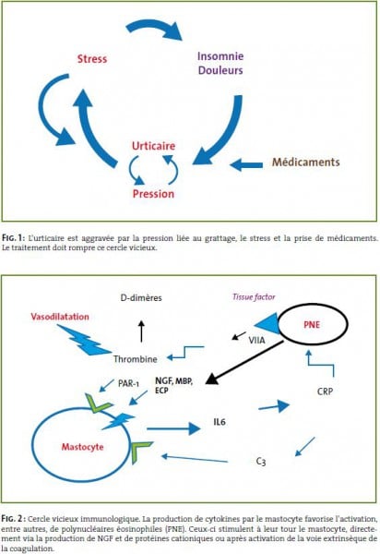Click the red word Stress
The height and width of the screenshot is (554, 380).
click(x=92, y=59)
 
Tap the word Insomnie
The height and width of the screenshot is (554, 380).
click(x=220, y=56)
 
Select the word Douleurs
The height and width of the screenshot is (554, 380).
click(x=220, y=70)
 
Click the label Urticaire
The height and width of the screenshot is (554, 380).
click(x=153, y=146)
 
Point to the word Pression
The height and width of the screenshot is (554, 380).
click(x=153, y=194)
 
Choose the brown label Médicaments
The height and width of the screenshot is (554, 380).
click(x=306, y=163)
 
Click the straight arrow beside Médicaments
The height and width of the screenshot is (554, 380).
click(x=246, y=164)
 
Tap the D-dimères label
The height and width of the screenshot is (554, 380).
click(x=141, y=298)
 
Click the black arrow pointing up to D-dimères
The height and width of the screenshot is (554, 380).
click(x=141, y=331)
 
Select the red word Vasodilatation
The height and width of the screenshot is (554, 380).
click(x=60, y=317)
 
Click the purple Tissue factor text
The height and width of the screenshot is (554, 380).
click(x=254, y=296)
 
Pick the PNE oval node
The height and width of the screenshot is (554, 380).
click(x=314, y=324)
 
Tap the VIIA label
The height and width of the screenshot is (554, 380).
click(x=256, y=340)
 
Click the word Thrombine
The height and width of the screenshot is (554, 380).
click(x=136, y=359)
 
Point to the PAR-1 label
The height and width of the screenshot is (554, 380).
click(x=128, y=383)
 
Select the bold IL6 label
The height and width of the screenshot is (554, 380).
click(x=220, y=422)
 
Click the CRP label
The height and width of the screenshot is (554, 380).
click(x=325, y=391)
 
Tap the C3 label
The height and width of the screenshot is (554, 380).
click(x=261, y=462)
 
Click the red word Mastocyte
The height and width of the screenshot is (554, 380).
click(x=83, y=447)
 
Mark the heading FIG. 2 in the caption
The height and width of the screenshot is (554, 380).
click(x=13, y=519)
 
